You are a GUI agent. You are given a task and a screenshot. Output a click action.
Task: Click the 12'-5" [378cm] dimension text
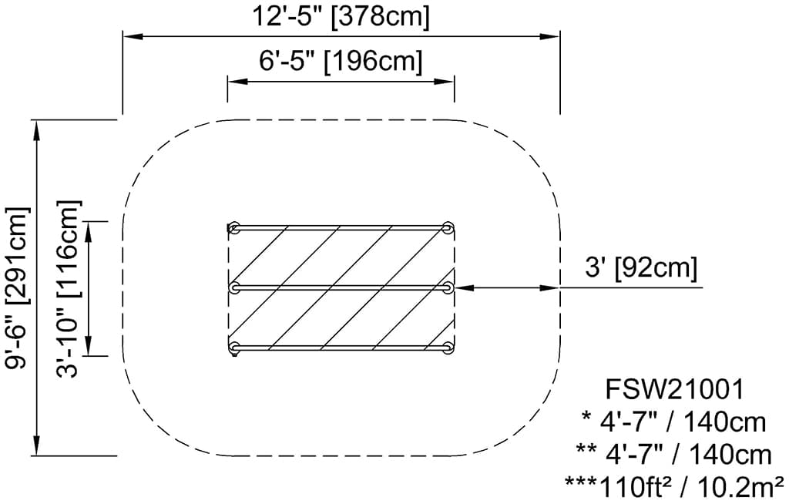pos(341,16)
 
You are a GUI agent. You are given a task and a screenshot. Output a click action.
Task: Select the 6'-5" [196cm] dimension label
pos(341,61)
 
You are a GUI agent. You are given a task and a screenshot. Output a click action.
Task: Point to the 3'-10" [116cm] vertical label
pos(68,288)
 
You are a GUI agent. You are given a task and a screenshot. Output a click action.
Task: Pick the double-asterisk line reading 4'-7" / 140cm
pos(673,454)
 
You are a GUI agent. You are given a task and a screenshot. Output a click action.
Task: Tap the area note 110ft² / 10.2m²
pos(673,486)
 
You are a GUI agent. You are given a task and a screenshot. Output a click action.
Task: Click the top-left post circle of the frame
pos(234,228)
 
